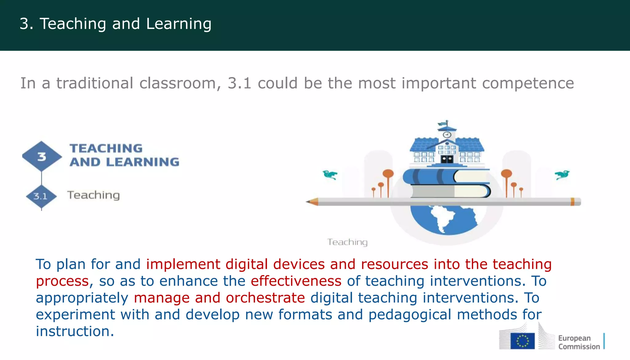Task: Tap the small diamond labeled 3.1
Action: pos(41,196)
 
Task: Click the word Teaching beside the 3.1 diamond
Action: pos(94,195)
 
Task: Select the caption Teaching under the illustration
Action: pos(347,242)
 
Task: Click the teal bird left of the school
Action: pos(330,175)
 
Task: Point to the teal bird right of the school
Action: pos(562,175)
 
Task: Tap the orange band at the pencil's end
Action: pos(572,202)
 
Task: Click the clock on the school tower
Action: pos(447,135)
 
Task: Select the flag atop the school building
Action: pos(443,124)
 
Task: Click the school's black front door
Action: pos(447,159)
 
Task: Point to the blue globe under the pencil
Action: pos(445,219)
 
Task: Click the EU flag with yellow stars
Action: pos(522,341)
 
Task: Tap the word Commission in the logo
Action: pos(579,347)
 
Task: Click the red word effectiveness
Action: pos(296,281)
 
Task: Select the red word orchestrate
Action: pos(265,298)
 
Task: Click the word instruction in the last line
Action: pos(74,331)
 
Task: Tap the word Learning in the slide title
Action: pos(179,24)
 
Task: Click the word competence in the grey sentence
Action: pos(528,83)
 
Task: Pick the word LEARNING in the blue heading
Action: pos(142,162)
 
